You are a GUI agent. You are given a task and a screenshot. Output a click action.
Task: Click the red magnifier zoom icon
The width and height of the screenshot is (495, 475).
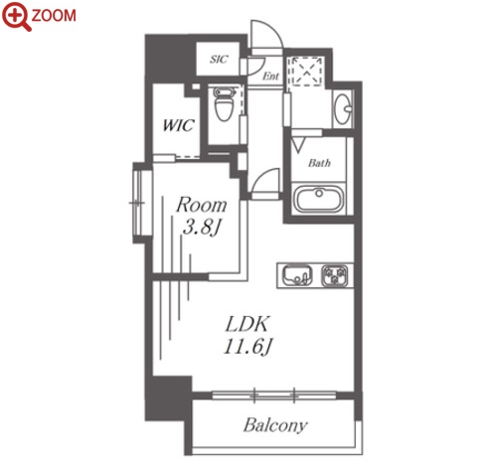tap(16, 17)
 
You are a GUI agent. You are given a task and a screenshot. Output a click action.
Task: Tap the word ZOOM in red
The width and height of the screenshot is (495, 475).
tap(54, 16)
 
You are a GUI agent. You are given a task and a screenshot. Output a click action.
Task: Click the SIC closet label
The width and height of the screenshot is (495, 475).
tap(219, 60)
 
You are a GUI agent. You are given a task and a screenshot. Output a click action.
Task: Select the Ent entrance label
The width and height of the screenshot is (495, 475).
tap(270, 77)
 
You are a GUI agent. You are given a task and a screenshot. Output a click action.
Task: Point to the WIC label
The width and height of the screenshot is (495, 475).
tap(178, 125)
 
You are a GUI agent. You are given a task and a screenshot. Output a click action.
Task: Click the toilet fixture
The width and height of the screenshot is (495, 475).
tap(224, 103)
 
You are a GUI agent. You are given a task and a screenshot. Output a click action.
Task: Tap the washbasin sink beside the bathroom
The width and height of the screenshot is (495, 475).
tap(343, 108)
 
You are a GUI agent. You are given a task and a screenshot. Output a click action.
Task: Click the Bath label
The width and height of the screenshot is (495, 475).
tap(319, 163)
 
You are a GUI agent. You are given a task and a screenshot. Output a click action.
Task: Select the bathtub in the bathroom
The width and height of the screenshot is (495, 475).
tap(319, 199)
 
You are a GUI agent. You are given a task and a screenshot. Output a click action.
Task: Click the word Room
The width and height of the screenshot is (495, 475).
tap(202, 205)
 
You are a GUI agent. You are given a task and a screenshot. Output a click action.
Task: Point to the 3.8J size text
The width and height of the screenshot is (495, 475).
tap(201, 228)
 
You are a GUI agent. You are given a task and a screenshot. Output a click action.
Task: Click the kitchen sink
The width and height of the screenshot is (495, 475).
tap(297, 275)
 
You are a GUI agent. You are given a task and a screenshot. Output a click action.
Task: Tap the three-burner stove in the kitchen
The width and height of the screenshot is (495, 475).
tap(335, 275)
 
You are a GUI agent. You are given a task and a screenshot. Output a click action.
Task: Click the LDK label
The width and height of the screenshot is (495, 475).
tap(247, 325)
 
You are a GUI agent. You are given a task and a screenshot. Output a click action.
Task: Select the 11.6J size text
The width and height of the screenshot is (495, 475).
tap(248, 347)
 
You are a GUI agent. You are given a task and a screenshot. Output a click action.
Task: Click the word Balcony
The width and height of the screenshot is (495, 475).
tap(275, 425)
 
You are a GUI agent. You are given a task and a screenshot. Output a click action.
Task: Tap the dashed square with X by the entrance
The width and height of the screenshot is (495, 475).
tap(305, 72)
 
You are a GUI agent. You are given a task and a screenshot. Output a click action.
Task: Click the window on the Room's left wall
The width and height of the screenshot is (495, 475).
tap(139, 203)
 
